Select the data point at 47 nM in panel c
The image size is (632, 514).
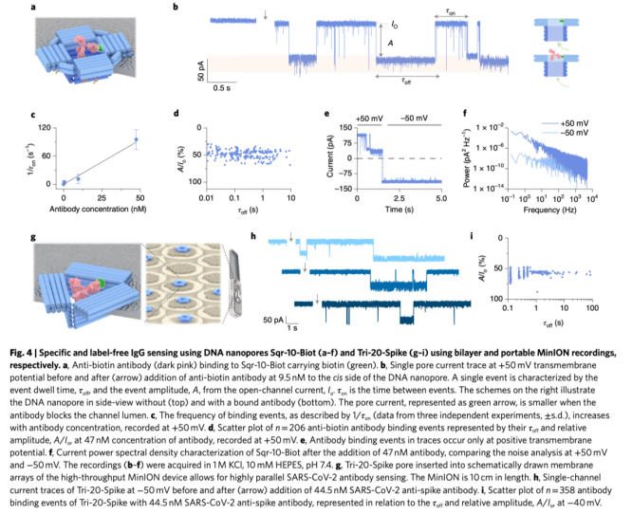click(136, 140)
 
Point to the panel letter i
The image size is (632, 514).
click(474, 234)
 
